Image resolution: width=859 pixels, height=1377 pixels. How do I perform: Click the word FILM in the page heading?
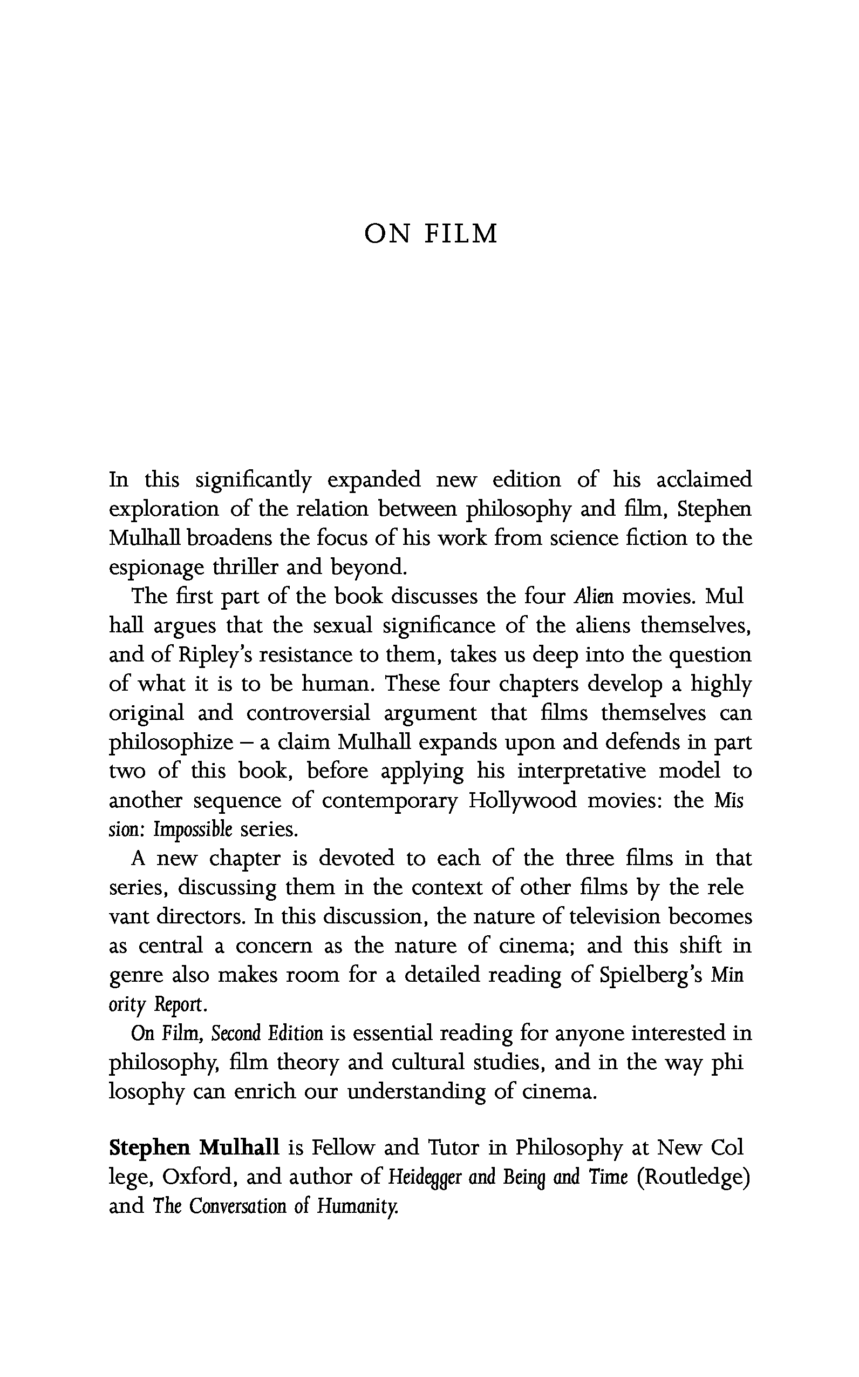tap(461, 234)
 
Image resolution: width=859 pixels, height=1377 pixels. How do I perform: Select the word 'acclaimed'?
tap(704, 480)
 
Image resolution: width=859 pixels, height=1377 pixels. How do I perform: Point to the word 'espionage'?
tap(156, 568)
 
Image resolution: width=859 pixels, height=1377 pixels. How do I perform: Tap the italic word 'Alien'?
tap(594, 596)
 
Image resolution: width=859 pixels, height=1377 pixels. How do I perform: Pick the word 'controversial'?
tap(308, 713)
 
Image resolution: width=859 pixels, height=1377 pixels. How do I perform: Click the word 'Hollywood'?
tap(522, 800)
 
